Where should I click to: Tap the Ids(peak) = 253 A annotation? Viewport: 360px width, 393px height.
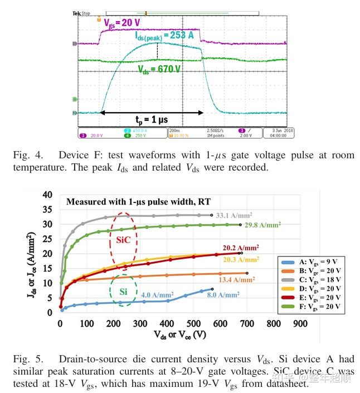pos(166,36)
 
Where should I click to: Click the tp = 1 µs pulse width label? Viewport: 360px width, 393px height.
pos(151,120)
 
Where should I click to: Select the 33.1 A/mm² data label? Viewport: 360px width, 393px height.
pos(235,214)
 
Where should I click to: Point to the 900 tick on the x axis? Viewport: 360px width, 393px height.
pos(300,323)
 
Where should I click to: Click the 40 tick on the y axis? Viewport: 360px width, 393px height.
pos(47,195)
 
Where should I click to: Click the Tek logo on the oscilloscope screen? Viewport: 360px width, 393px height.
pos(76,12)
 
